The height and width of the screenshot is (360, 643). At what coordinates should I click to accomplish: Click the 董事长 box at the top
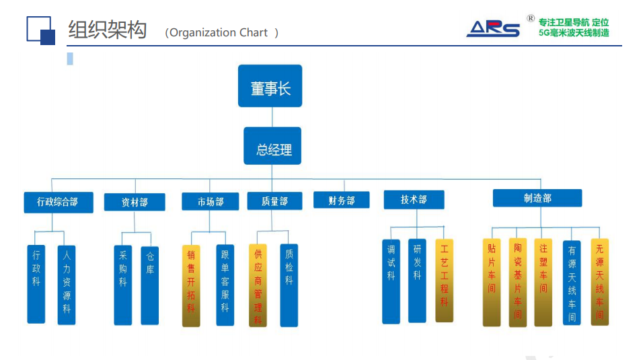(x=270, y=85)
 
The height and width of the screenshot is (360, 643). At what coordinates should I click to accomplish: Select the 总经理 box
(x=272, y=146)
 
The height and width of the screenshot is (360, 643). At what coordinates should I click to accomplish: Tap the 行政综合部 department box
(x=59, y=203)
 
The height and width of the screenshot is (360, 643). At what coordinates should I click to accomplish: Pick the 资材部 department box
(x=135, y=202)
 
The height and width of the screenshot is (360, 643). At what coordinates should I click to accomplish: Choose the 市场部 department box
(x=211, y=202)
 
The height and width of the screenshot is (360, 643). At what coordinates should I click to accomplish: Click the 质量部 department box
(x=274, y=201)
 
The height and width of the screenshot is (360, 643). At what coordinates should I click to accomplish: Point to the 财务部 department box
(x=341, y=200)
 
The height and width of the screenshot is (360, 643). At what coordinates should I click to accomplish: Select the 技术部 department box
(x=414, y=199)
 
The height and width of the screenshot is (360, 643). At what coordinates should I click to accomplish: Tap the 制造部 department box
(x=537, y=198)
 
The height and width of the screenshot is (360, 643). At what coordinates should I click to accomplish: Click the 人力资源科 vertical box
(x=67, y=285)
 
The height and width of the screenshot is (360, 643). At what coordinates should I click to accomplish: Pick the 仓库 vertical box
(x=150, y=286)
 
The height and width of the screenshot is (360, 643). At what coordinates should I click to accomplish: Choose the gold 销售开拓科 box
(x=191, y=286)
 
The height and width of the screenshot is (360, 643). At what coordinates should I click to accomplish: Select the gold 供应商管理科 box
(x=258, y=285)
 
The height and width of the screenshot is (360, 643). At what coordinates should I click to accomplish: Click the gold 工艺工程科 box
(x=444, y=281)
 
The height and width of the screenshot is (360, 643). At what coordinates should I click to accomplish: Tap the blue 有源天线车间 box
(x=572, y=283)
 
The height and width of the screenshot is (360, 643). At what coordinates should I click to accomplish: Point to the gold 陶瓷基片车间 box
(x=517, y=283)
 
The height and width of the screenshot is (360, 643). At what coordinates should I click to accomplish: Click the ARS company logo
(x=493, y=29)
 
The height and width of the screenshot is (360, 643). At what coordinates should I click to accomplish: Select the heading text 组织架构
(x=107, y=30)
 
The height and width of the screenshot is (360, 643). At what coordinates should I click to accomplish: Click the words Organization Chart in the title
(x=218, y=32)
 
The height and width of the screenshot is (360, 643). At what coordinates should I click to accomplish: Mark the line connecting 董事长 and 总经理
(x=272, y=117)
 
